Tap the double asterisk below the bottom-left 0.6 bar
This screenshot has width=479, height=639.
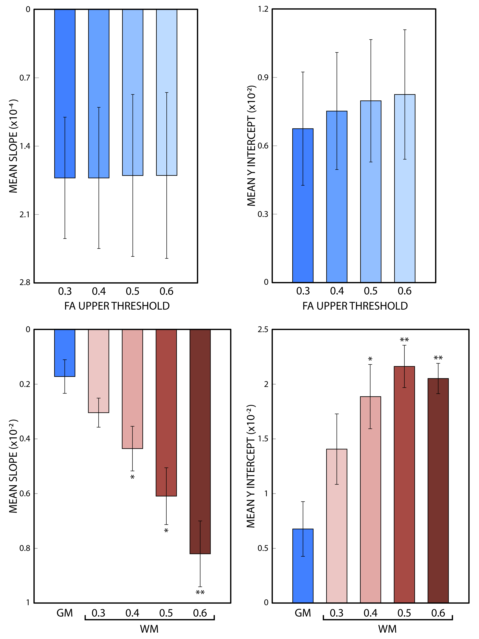[200, 593]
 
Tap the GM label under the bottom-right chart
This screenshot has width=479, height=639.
[303, 613]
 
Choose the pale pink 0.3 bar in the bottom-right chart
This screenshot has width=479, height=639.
[337, 526]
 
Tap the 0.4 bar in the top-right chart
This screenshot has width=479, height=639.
[337, 196]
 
